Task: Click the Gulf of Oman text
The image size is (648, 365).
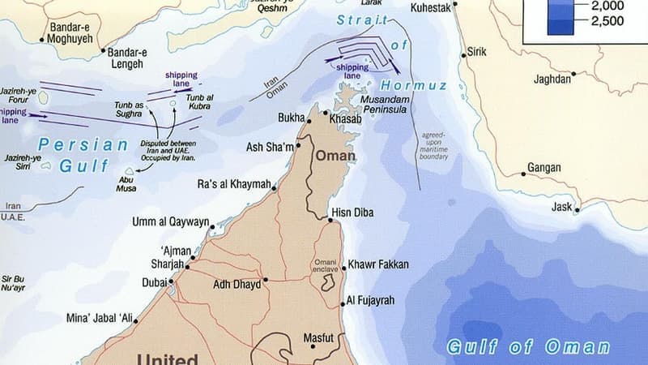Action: click(x=528, y=348)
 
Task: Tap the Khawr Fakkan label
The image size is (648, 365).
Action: click(x=378, y=264)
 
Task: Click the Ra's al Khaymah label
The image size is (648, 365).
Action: click(x=235, y=184)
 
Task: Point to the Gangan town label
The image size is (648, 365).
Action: click(x=544, y=168)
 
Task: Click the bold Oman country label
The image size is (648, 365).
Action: click(x=335, y=154)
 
